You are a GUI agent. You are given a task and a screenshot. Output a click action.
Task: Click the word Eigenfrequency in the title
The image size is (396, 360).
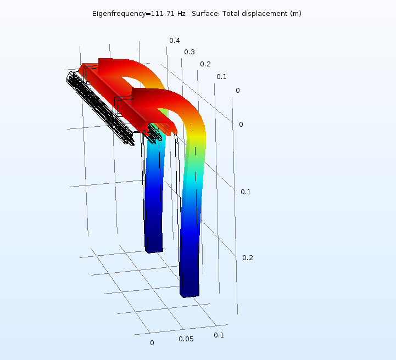[x=119, y=13]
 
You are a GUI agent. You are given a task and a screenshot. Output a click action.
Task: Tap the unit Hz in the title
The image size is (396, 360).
[x=181, y=13]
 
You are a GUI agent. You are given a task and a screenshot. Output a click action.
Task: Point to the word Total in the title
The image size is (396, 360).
[x=231, y=13]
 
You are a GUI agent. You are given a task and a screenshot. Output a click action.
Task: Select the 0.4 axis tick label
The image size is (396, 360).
[x=175, y=41]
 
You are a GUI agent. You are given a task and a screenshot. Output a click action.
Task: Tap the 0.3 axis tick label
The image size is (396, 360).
[x=189, y=52]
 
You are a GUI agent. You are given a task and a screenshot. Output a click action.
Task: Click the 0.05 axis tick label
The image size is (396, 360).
[x=186, y=339]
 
